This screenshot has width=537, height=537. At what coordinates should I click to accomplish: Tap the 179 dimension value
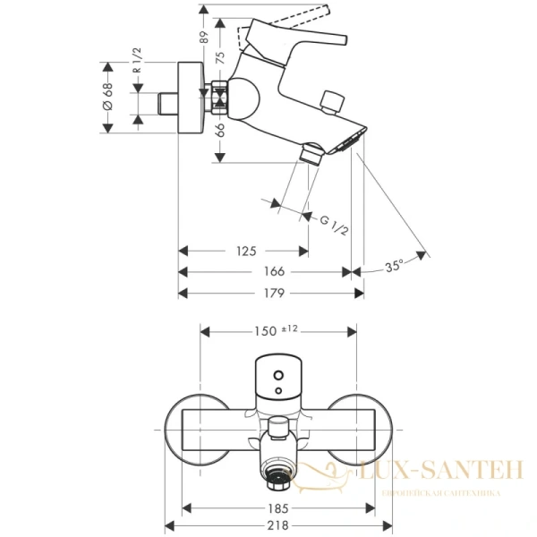point(274,293)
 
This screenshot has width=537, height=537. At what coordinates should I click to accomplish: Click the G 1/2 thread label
point(334,224)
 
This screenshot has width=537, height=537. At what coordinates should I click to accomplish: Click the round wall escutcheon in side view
point(191,98)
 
